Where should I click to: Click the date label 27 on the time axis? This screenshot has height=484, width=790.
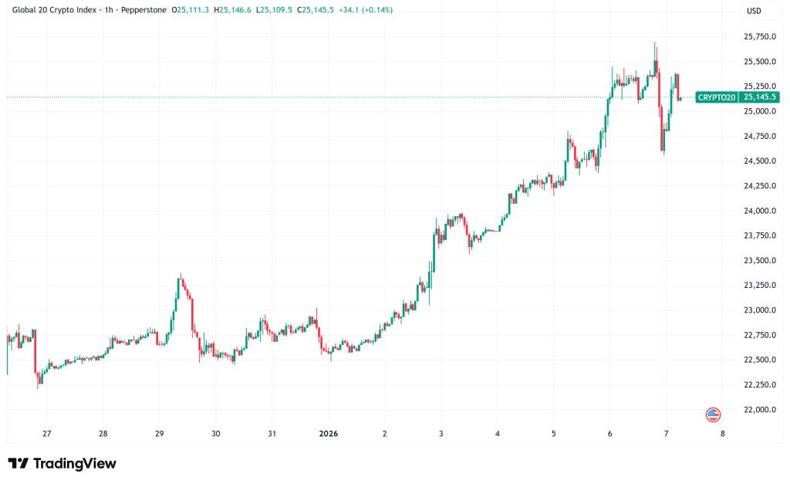coord(46,434)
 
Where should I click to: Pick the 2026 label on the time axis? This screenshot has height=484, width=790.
coord(328,434)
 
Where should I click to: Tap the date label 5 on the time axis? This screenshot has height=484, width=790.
coord(554,434)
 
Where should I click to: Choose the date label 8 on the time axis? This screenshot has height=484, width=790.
coord(722,434)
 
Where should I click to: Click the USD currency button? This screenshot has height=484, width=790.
coord(754,12)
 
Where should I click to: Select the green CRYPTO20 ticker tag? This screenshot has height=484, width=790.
coord(716,97)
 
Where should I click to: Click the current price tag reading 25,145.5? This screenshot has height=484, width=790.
coord(760,97)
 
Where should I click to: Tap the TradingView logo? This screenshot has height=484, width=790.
coord(62,463)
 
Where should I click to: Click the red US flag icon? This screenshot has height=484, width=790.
coord(713,415)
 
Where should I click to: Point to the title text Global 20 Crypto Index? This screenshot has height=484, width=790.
coord(54,11)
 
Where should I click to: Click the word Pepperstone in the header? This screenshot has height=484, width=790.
coord(146,11)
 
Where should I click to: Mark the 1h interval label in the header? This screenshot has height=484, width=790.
coord(109,11)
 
